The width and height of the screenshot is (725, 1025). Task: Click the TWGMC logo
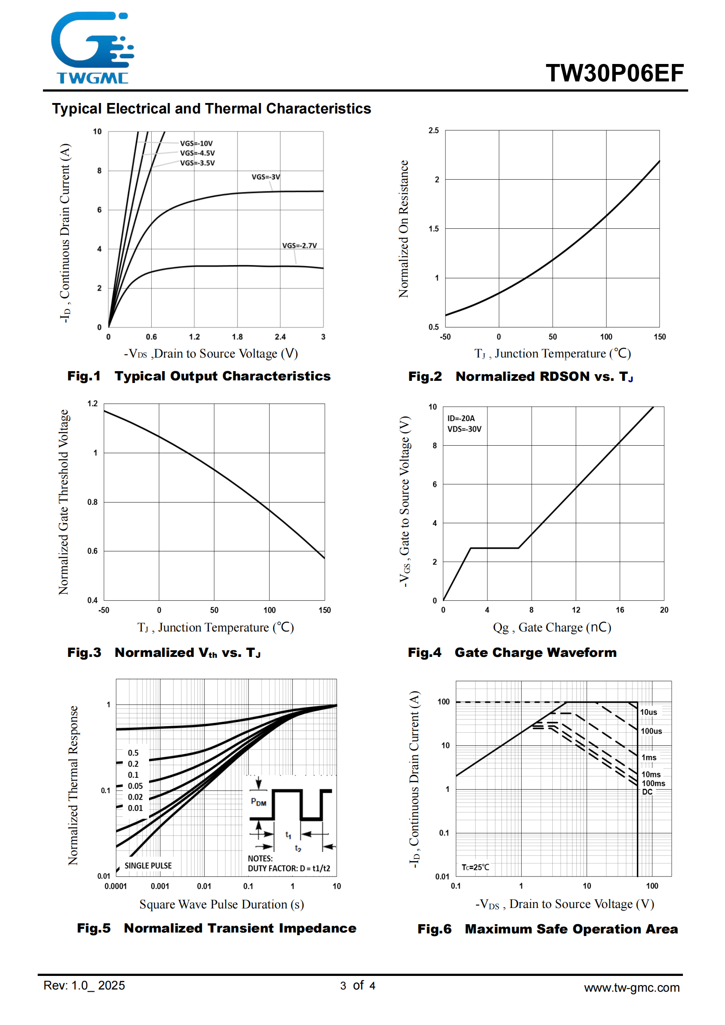click(92, 48)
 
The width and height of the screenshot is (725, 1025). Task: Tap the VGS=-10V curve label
click(196, 143)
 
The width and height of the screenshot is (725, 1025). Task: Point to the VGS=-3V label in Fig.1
click(266, 177)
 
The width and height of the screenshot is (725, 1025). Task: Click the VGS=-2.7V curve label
click(299, 245)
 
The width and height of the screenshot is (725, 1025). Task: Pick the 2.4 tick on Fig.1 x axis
click(280, 337)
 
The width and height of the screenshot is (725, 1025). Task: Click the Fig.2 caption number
click(425, 377)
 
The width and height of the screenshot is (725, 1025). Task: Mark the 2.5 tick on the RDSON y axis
click(434, 130)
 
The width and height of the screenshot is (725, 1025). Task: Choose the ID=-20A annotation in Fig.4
click(461, 419)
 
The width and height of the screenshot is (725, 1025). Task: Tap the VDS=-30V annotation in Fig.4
click(464, 429)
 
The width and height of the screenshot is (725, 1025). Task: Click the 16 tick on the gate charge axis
click(620, 610)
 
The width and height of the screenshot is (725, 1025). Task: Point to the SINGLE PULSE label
click(148, 865)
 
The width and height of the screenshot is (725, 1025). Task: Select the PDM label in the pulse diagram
click(259, 802)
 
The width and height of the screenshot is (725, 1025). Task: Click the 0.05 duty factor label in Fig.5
click(135, 786)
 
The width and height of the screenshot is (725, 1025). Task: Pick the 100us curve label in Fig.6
click(651, 731)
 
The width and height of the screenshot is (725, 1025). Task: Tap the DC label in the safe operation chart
click(647, 792)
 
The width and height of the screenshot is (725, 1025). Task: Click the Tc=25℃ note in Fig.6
click(475, 867)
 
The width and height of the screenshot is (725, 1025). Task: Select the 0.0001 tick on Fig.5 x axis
click(116, 886)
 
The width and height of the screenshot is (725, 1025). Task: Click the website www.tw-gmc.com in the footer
click(632, 988)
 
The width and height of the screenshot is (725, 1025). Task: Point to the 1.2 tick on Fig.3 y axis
click(92, 404)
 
